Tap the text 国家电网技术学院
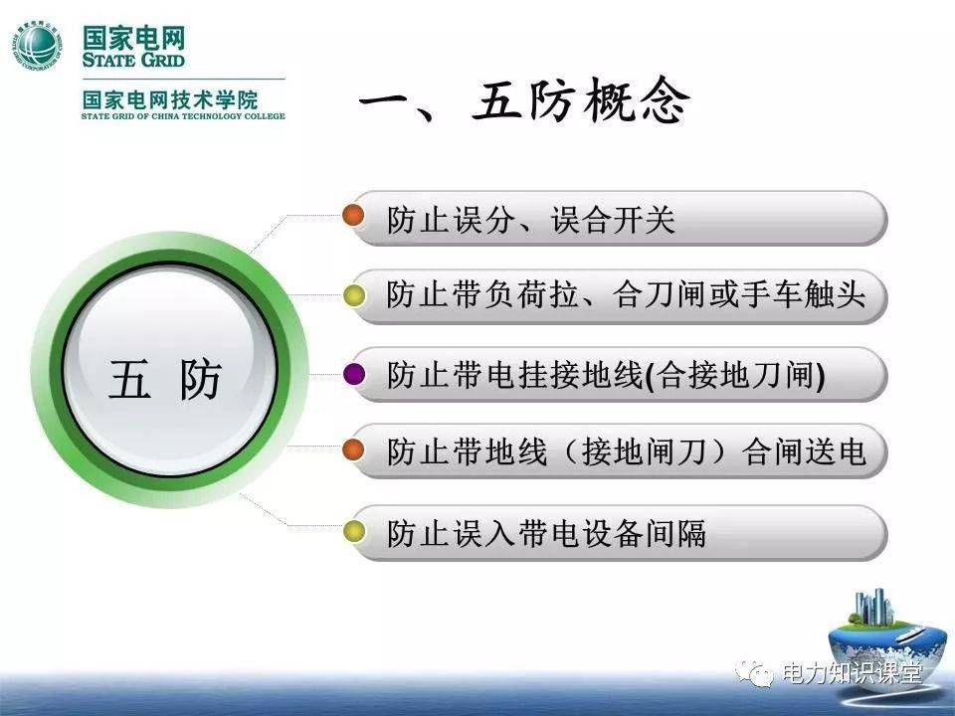(x=170, y=99)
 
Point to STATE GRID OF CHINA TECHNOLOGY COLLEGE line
(x=183, y=116)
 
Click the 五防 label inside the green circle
(x=165, y=380)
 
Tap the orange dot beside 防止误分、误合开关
(x=353, y=216)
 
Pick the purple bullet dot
(x=353, y=374)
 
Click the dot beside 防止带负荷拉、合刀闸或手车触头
(x=353, y=294)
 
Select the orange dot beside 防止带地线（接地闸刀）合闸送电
(x=353, y=450)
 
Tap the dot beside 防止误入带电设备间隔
(x=353, y=531)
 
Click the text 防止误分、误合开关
(x=530, y=220)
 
